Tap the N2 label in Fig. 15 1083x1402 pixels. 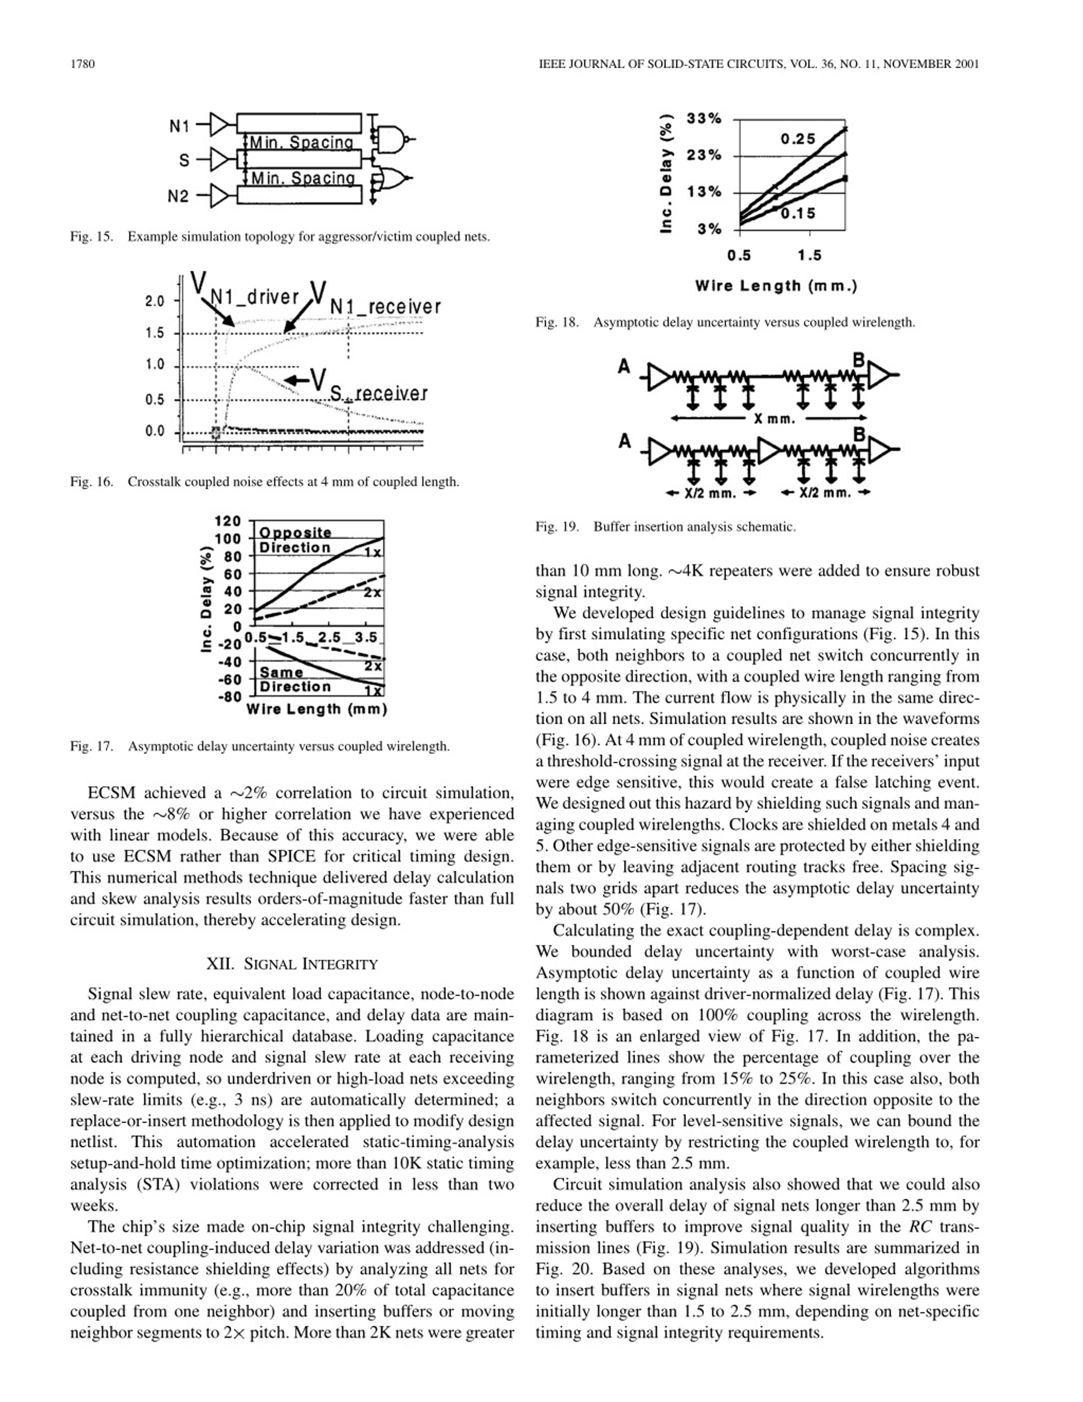point(179,196)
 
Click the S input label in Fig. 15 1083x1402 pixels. point(184,160)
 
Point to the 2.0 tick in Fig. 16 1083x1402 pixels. point(154,301)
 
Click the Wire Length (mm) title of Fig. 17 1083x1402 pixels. point(316,709)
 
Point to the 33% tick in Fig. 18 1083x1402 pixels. point(704,119)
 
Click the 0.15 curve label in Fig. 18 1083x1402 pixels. point(798,213)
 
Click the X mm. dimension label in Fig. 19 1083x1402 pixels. point(775,419)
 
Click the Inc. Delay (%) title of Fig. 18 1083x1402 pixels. point(667,174)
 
